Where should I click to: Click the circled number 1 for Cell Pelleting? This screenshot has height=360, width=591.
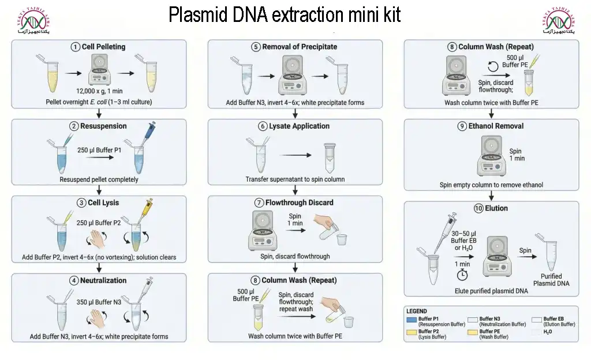coord(75,47)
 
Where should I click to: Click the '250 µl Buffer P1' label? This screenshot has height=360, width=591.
coord(99,150)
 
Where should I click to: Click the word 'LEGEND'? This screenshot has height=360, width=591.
coord(417,311)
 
